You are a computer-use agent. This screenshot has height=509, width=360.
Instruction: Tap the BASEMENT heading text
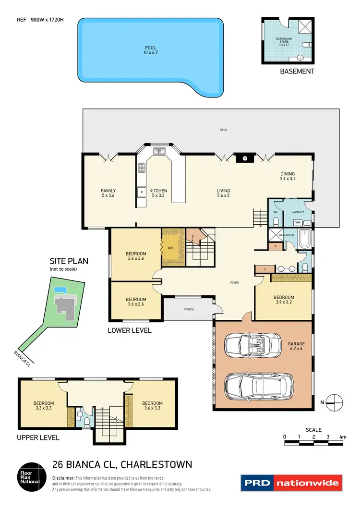click(x=297, y=71)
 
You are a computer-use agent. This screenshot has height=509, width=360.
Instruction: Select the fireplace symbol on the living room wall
click(x=244, y=158)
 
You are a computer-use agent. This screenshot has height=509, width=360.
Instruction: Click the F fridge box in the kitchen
click(x=142, y=192)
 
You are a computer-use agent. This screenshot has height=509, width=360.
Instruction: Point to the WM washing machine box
click(x=298, y=222)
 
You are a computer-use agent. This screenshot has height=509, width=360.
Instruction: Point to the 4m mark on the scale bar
click(x=342, y=437)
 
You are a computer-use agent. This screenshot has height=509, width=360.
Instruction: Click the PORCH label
click(x=189, y=309)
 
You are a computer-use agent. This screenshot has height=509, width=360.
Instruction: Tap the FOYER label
click(x=234, y=282)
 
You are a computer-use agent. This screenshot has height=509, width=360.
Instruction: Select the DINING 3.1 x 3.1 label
click(x=288, y=176)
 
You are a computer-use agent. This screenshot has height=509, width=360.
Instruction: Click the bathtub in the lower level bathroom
click(x=304, y=239)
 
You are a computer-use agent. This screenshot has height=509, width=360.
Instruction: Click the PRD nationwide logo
click(x=291, y=483)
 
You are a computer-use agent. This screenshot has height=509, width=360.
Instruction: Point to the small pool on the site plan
click(x=60, y=290)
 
